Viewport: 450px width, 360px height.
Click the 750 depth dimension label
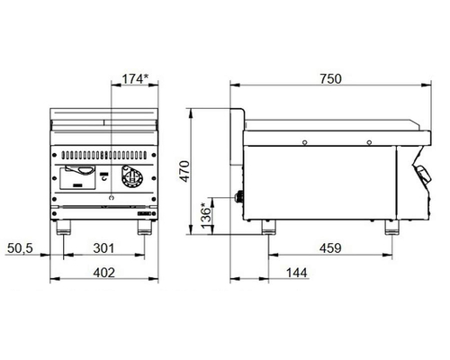[x=330, y=79]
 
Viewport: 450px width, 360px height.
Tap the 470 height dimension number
[x=185, y=171]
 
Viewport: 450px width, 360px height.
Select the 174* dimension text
[x=135, y=79]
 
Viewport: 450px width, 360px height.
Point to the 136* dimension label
[x=206, y=216]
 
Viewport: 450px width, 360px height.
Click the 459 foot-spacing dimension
[x=330, y=248]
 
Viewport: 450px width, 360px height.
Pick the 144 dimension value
[x=297, y=273]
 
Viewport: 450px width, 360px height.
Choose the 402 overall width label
[x=103, y=273]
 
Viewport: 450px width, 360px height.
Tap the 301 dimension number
[x=103, y=248]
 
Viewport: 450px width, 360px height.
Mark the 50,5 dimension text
[x=20, y=248]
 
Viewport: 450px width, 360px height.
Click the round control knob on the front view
[x=131, y=176]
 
